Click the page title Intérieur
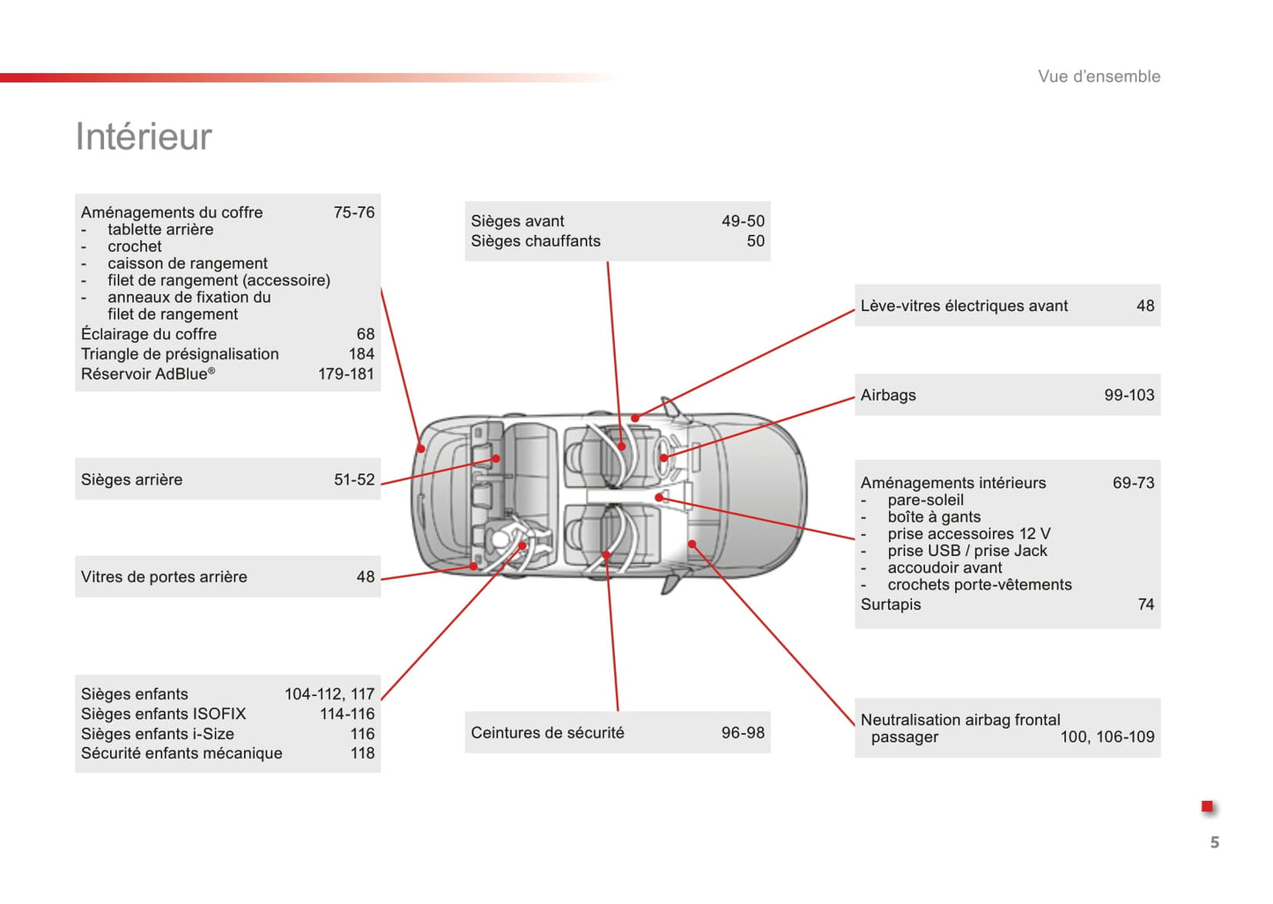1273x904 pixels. [144, 137]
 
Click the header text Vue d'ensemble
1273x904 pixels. [1099, 77]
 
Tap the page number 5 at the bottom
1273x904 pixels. [1214, 842]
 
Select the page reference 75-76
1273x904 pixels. [353, 212]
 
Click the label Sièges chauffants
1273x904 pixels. [535, 241]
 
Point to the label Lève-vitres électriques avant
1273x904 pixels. [964, 306]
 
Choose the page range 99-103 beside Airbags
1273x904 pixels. [1129, 396]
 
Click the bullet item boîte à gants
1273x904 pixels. [934, 517]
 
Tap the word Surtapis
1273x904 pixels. [891, 604]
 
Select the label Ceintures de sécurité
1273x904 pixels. [547, 733]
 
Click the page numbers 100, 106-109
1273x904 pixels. [1106, 737]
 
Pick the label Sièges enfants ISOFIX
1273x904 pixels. [163, 715]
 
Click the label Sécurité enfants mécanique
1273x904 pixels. [181, 753]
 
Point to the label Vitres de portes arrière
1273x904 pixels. [164, 577]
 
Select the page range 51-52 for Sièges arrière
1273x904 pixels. [354, 480]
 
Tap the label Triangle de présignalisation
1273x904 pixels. [180, 354]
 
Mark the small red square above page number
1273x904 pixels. [1207, 807]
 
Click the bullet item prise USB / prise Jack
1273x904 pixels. [967, 551]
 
